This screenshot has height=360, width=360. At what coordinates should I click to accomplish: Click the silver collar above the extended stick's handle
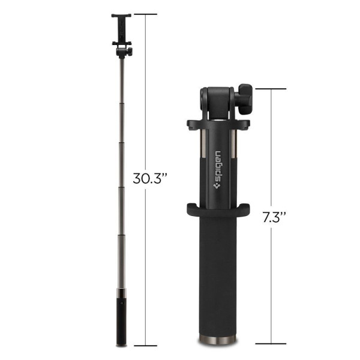pos(121,294)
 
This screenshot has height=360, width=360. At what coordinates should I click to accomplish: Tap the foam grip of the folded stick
pos(218,276)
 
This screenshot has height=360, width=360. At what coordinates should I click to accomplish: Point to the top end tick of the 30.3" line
pos(144,14)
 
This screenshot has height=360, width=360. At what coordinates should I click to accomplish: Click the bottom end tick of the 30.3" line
pos(144,346)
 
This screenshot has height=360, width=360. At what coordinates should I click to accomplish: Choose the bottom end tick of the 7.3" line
pos(269,344)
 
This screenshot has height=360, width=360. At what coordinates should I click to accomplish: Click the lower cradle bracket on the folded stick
pos(218,211)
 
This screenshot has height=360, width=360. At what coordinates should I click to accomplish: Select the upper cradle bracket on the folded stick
pos(218,125)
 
